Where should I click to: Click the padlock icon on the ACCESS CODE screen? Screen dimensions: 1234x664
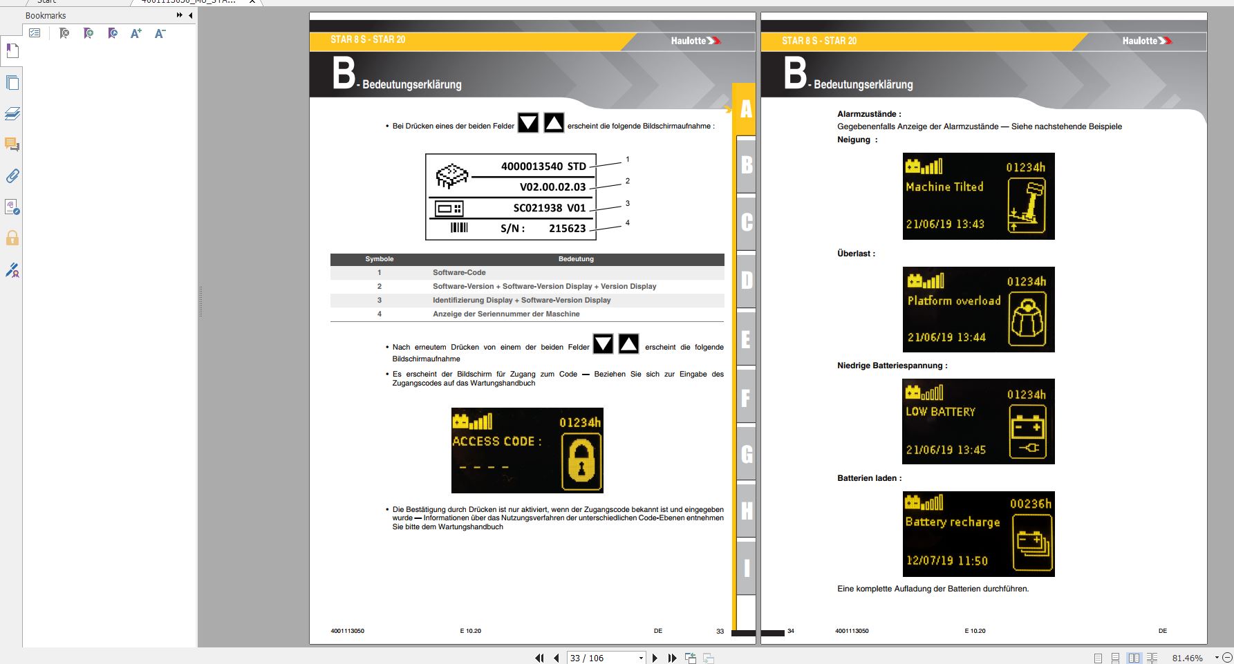581,461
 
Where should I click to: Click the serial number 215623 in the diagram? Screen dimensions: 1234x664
568,229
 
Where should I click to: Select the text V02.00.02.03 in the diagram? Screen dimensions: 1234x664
553,187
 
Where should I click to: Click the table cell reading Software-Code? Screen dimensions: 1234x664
459,272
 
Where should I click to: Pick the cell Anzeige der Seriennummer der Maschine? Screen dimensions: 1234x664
506,314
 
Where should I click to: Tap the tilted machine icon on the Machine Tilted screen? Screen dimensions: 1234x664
1027,206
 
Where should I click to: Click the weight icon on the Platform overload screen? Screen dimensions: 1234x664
1027,319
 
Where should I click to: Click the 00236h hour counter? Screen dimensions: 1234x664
1031,504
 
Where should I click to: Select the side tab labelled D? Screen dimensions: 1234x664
746,281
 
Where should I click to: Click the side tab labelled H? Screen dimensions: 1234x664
746,511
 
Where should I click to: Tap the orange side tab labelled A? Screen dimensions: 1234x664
745,109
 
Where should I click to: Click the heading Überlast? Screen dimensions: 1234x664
856,254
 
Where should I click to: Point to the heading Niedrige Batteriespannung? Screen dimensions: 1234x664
892,366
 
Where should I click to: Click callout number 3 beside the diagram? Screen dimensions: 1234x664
628,203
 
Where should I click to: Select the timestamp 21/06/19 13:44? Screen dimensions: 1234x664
946,337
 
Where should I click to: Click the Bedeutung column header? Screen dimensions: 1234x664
576,259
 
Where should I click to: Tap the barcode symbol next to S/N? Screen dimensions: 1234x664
459,227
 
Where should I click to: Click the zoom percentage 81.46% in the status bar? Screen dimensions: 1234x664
1188,658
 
